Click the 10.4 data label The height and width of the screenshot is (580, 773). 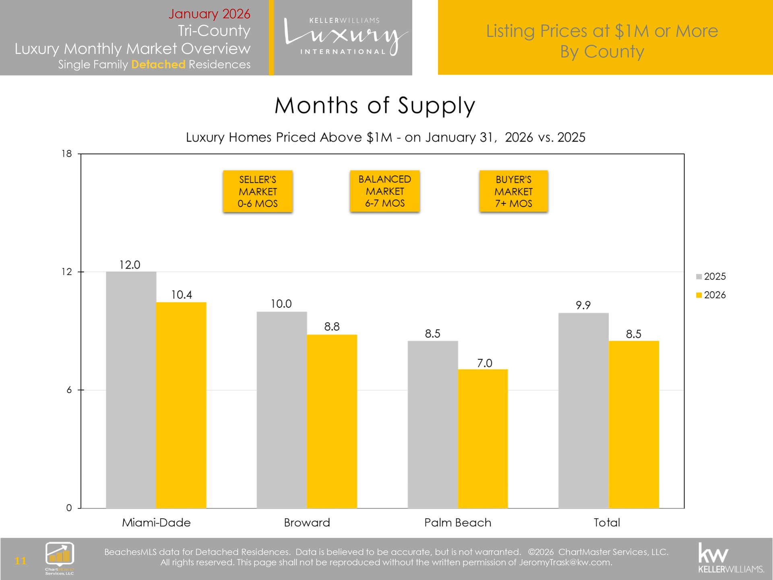tap(182, 295)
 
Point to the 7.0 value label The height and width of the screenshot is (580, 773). tap(484, 363)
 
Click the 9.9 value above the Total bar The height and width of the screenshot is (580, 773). tap(583, 305)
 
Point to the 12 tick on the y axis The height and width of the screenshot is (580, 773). tap(67, 272)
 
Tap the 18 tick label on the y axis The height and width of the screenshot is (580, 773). tap(67, 154)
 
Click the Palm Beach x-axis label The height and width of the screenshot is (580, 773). tap(458, 523)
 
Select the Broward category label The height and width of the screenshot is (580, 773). tap(307, 523)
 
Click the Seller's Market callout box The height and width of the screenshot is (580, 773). tap(258, 191)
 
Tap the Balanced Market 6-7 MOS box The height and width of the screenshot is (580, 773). tap(385, 191)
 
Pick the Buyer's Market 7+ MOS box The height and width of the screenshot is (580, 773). tap(513, 191)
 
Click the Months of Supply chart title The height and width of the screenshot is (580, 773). tap(375, 106)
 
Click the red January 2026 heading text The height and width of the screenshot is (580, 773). tap(209, 14)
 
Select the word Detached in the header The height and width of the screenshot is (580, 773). tap(158, 64)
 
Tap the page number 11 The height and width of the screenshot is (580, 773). tap(21, 561)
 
